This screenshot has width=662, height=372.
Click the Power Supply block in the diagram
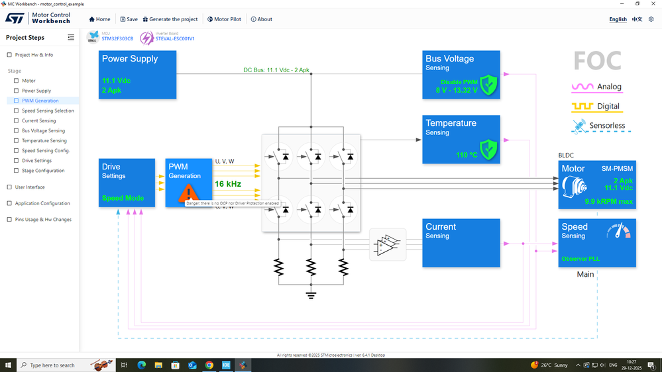137,75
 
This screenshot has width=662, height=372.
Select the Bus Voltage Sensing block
462,75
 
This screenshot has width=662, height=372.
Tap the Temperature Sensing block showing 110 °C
462,139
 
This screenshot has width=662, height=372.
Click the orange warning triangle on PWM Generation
189,193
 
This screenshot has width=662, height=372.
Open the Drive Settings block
127,183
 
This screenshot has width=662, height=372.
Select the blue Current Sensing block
462,243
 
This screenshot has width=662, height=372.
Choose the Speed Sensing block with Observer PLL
596,243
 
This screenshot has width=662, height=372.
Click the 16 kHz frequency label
227,183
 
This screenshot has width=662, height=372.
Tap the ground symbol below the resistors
311,294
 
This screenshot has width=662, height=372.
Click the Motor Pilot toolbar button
225,19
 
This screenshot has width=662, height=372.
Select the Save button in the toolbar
129,19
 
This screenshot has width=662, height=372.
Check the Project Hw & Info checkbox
9,55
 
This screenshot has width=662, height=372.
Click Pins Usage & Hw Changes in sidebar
44,220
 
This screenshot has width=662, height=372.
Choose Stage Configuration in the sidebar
43,171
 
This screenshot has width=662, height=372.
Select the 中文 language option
637,19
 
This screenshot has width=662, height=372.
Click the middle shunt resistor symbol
311,267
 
